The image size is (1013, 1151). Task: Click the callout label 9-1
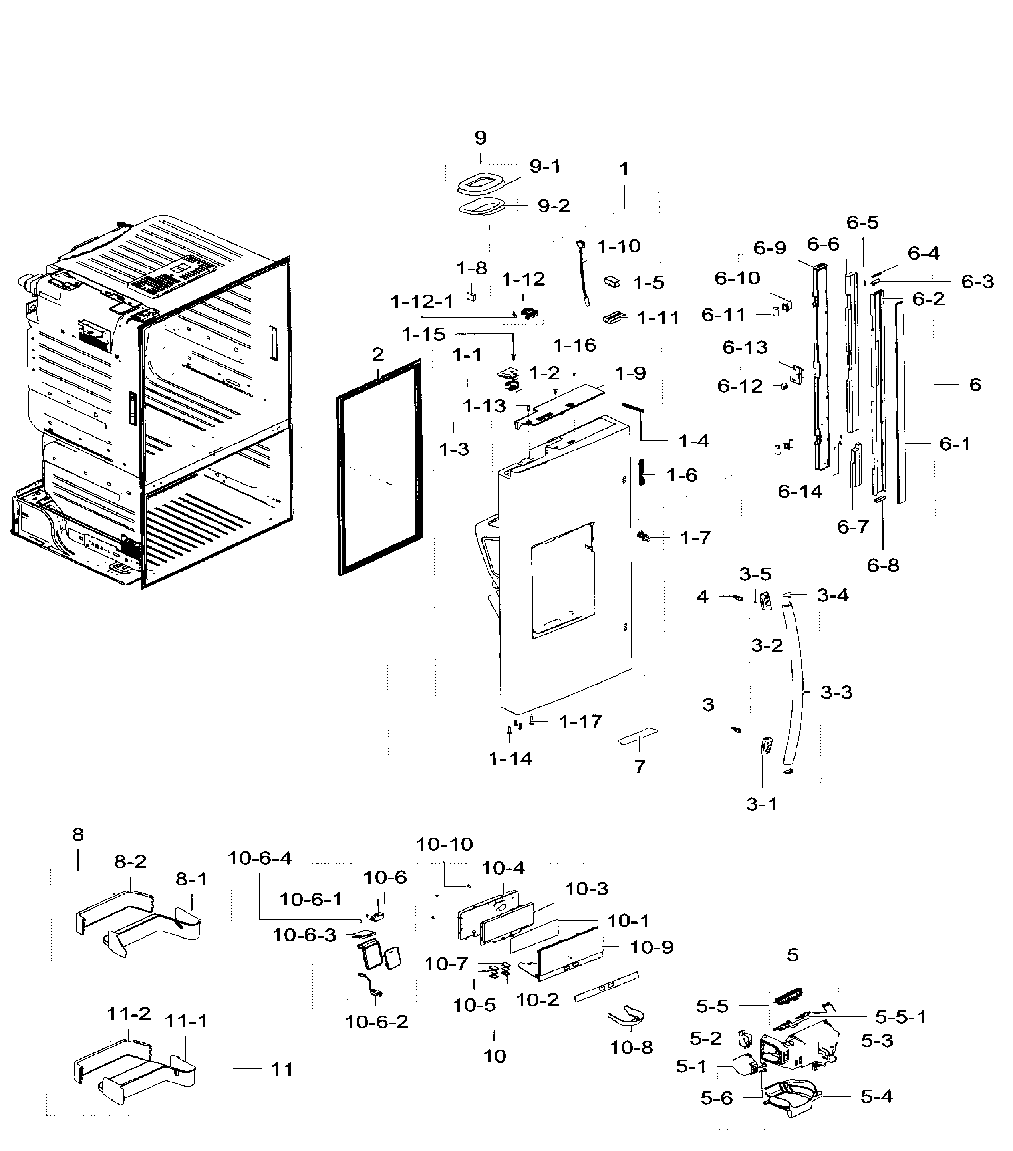(x=545, y=167)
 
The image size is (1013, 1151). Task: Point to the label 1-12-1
(x=422, y=302)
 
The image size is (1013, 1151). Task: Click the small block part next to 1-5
(x=613, y=282)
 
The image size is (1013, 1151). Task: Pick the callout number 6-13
(x=745, y=347)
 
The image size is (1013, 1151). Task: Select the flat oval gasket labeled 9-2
(x=480, y=207)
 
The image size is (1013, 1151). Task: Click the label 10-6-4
(x=260, y=858)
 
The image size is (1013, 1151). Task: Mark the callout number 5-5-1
(x=900, y=1016)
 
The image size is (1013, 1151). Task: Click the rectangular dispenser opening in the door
(x=563, y=580)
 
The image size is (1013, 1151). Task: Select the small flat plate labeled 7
(x=638, y=735)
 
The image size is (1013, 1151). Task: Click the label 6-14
(x=800, y=492)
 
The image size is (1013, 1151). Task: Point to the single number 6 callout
(x=975, y=385)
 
